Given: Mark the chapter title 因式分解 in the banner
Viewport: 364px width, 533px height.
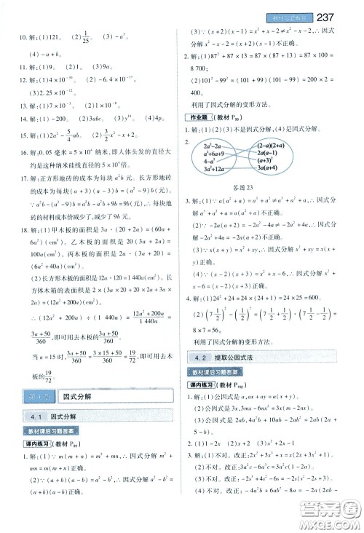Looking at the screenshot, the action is coord(76,396).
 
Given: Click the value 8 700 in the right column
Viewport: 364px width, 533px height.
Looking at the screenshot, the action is coord(201,83).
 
